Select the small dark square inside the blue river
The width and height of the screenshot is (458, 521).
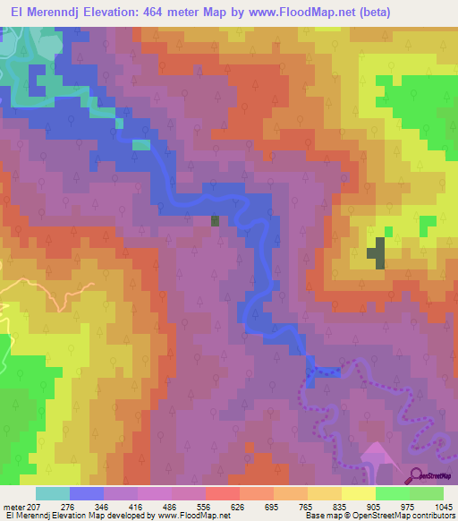pos(215,220)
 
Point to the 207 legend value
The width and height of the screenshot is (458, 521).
pos(35,506)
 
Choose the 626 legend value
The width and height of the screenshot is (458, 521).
pos(237,506)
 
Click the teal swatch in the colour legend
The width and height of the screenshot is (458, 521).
pos(52,493)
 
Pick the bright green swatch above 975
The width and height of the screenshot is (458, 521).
pos(392,493)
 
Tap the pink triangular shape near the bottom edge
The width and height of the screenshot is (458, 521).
pos(377,457)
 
